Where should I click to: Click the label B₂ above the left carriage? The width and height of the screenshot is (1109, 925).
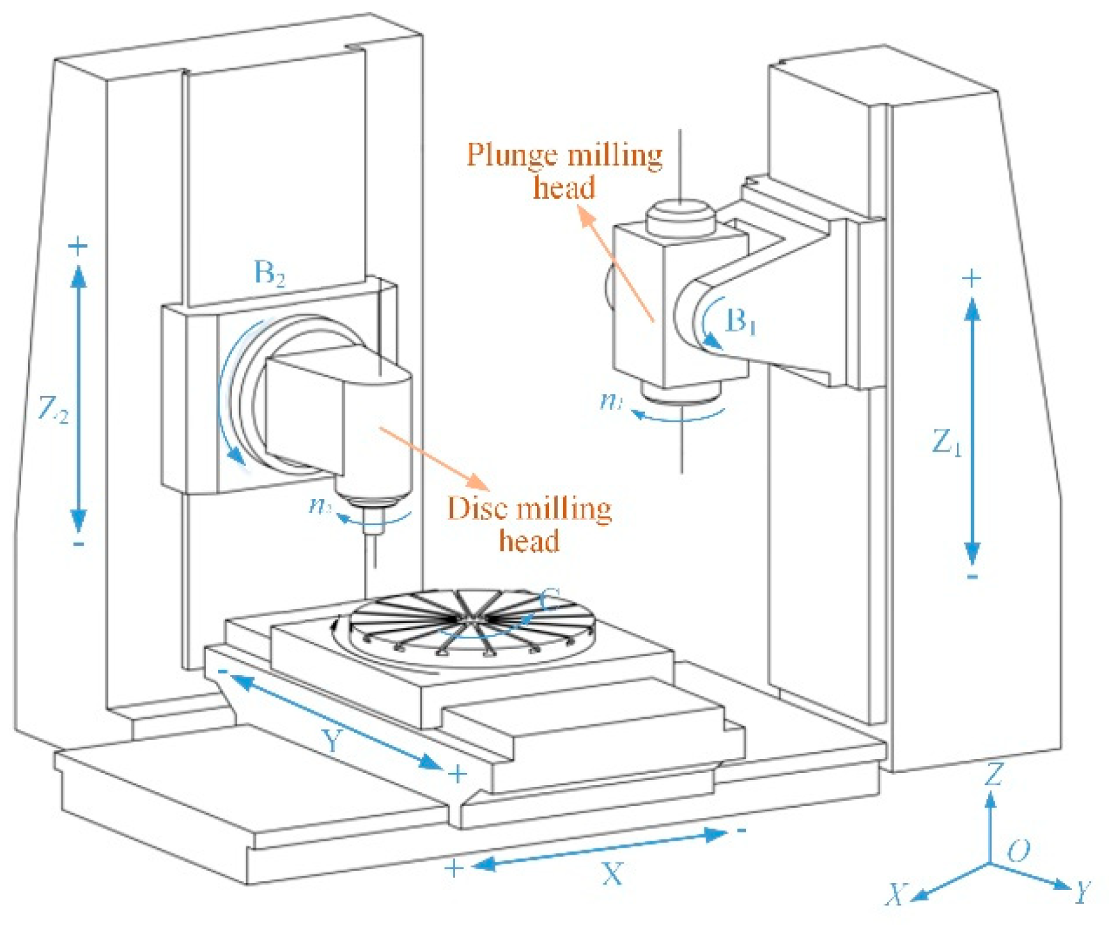[x=270, y=273]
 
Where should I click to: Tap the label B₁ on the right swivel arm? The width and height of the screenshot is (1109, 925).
[x=741, y=321]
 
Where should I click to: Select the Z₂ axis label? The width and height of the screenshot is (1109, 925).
[x=53, y=409]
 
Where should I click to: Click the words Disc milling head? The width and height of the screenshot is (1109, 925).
[x=529, y=524]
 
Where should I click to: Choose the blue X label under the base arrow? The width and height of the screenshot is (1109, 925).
[x=612, y=873]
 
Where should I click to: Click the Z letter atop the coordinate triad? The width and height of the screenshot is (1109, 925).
[x=993, y=775]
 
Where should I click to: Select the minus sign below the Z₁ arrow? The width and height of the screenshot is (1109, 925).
[x=972, y=577]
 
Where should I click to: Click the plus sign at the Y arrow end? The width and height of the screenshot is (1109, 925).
[x=457, y=774]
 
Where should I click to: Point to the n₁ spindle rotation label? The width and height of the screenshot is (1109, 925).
[x=611, y=401]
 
